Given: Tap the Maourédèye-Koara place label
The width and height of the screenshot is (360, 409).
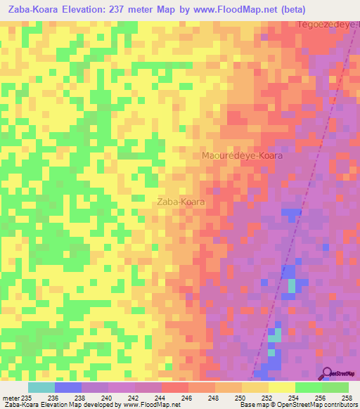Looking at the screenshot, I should [241, 156].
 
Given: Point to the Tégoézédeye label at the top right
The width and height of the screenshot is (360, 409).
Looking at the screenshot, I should [328, 25].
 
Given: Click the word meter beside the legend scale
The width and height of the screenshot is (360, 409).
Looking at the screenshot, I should [10, 397].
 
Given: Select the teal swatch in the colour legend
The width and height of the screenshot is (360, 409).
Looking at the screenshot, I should [41, 387].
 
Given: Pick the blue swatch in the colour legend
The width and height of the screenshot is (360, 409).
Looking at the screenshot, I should [67, 387].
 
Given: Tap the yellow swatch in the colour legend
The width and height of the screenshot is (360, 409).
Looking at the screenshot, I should [281, 387].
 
